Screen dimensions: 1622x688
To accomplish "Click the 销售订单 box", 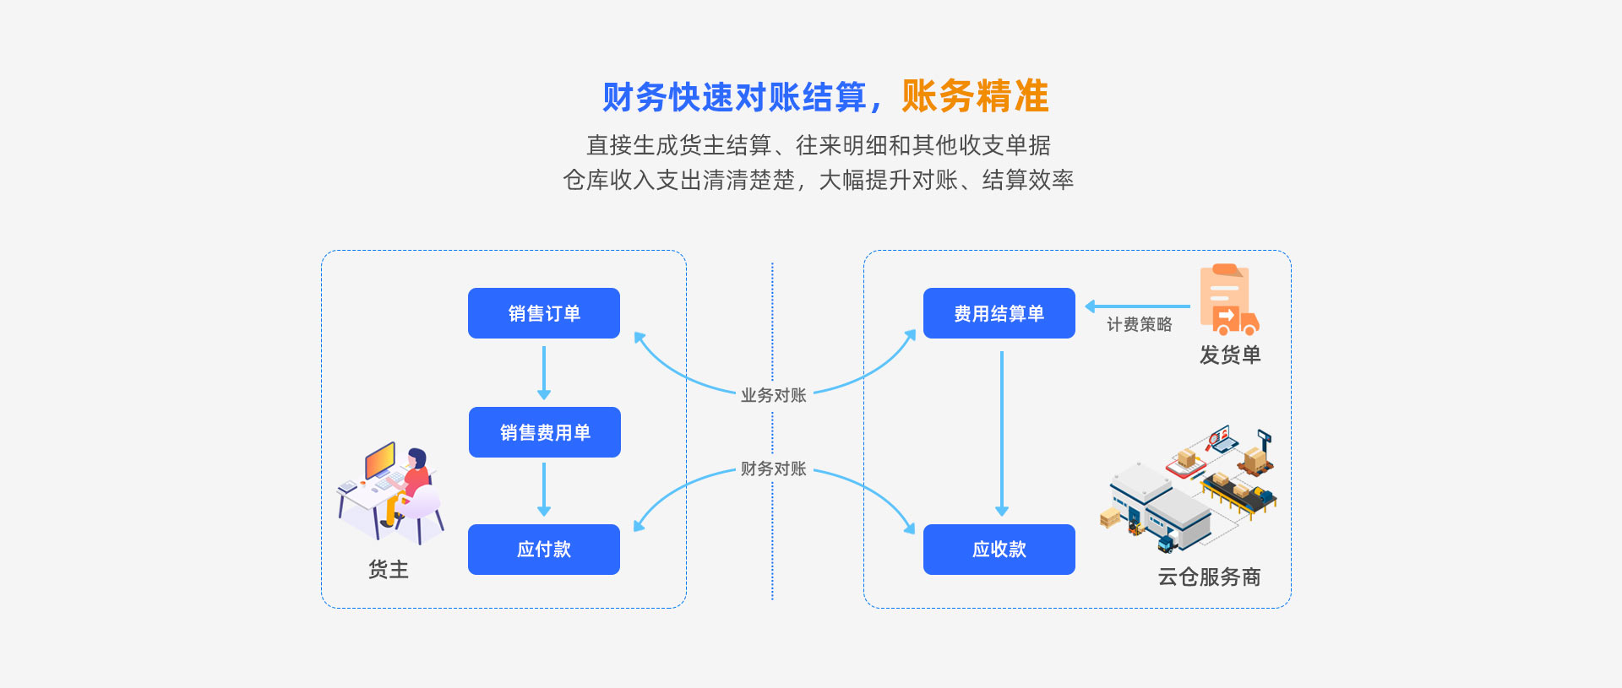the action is pyautogui.click(x=544, y=313).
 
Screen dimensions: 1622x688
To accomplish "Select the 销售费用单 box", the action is pyautogui.click(x=545, y=432).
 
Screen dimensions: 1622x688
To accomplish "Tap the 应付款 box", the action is pyautogui.click(x=544, y=550).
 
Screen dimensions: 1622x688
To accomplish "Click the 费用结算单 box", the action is pyautogui.click(x=999, y=313).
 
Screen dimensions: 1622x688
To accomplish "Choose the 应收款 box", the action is pyautogui.click(x=999, y=550).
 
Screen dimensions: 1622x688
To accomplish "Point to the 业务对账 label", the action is pyautogui.click(x=773, y=395).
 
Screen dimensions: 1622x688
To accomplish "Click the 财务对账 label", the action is pyautogui.click(x=773, y=469).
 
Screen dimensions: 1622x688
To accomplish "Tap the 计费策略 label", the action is pyautogui.click(x=1139, y=324).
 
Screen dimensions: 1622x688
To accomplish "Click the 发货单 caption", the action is pyautogui.click(x=1230, y=355).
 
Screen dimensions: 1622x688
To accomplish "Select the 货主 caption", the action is pyautogui.click(x=389, y=570).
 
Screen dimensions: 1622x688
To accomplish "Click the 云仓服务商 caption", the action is pyautogui.click(x=1209, y=577).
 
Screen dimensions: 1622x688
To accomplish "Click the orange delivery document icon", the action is pyautogui.click(x=1229, y=300).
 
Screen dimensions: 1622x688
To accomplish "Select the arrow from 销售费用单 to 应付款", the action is pyautogui.click(x=544, y=490).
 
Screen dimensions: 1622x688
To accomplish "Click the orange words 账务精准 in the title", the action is pyautogui.click(x=975, y=96).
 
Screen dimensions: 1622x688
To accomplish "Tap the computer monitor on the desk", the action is pyautogui.click(x=380, y=460).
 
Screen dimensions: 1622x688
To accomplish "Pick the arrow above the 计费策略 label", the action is pyautogui.click(x=1137, y=306).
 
